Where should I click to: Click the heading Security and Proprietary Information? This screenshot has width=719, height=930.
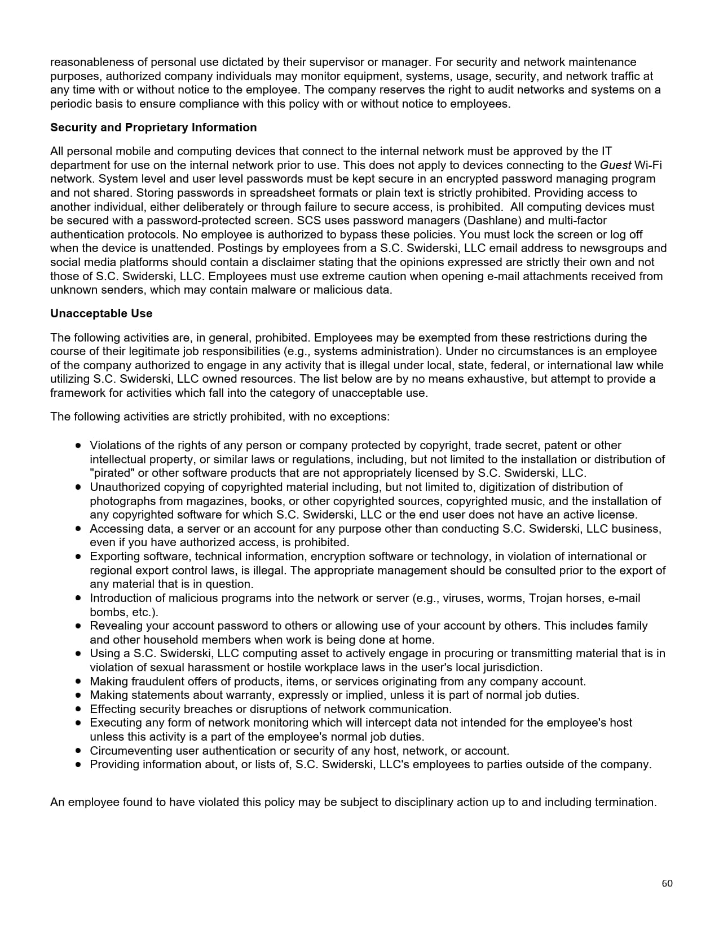153,127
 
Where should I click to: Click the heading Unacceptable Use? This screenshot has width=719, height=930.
101,313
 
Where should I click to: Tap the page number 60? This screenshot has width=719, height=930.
667,883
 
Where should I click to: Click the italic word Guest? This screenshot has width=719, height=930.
615,165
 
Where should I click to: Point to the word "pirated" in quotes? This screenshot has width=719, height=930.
110,473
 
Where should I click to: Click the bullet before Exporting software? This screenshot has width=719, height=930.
78,556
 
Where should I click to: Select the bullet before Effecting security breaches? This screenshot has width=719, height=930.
78,709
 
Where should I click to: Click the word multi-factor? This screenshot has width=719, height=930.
577,220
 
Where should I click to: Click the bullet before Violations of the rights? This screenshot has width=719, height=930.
78,445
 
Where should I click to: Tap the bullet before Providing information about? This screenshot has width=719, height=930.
78,764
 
